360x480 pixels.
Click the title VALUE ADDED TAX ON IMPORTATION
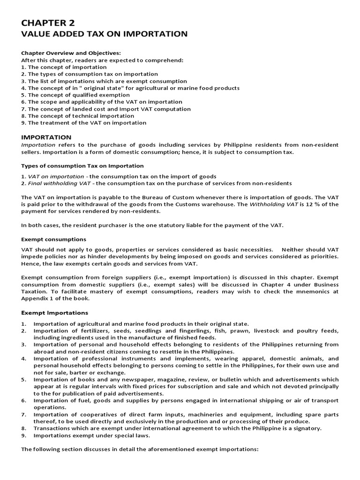tap(105, 34)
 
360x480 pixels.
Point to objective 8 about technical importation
tap(77, 116)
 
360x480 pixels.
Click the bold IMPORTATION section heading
tap(46, 137)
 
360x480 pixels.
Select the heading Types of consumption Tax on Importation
tap(82, 166)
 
